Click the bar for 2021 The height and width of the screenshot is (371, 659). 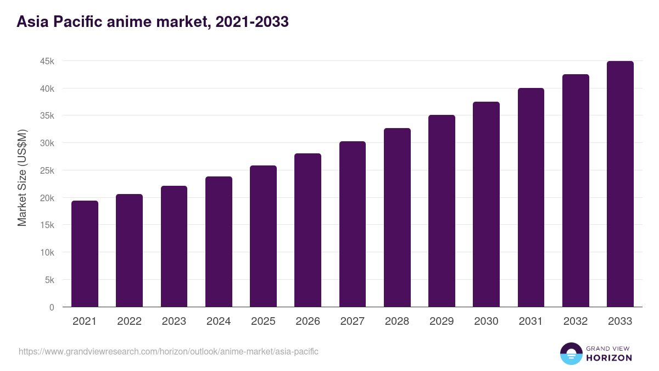(x=85, y=254)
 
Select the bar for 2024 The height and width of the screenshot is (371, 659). (x=219, y=242)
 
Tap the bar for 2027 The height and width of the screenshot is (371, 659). (x=353, y=224)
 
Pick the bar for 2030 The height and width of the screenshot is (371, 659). (x=486, y=204)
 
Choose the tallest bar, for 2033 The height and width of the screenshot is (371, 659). (x=620, y=184)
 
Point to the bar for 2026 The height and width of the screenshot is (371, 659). (x=308, y=230)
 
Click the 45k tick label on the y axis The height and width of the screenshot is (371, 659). (x=47, y=61)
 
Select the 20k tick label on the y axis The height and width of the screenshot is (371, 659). (x=47, y=198)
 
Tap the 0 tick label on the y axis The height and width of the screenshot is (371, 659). (x=52, y=307)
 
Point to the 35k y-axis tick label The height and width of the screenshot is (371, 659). (x=47, y=116)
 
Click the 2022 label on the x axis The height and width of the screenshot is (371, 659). (x=129, y=322)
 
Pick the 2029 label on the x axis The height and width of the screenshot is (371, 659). (x=442, y=322)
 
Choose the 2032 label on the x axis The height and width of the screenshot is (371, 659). (x=576, y=322)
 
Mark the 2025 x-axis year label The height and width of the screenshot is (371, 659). (x=263, y=322)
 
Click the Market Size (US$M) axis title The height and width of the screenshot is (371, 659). (x=22, y=178)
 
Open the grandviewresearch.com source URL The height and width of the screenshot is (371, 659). (x=169, y=351)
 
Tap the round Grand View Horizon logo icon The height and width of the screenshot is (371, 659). (x=571, y=353)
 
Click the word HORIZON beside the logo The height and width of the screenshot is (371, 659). (x=609, y=358)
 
